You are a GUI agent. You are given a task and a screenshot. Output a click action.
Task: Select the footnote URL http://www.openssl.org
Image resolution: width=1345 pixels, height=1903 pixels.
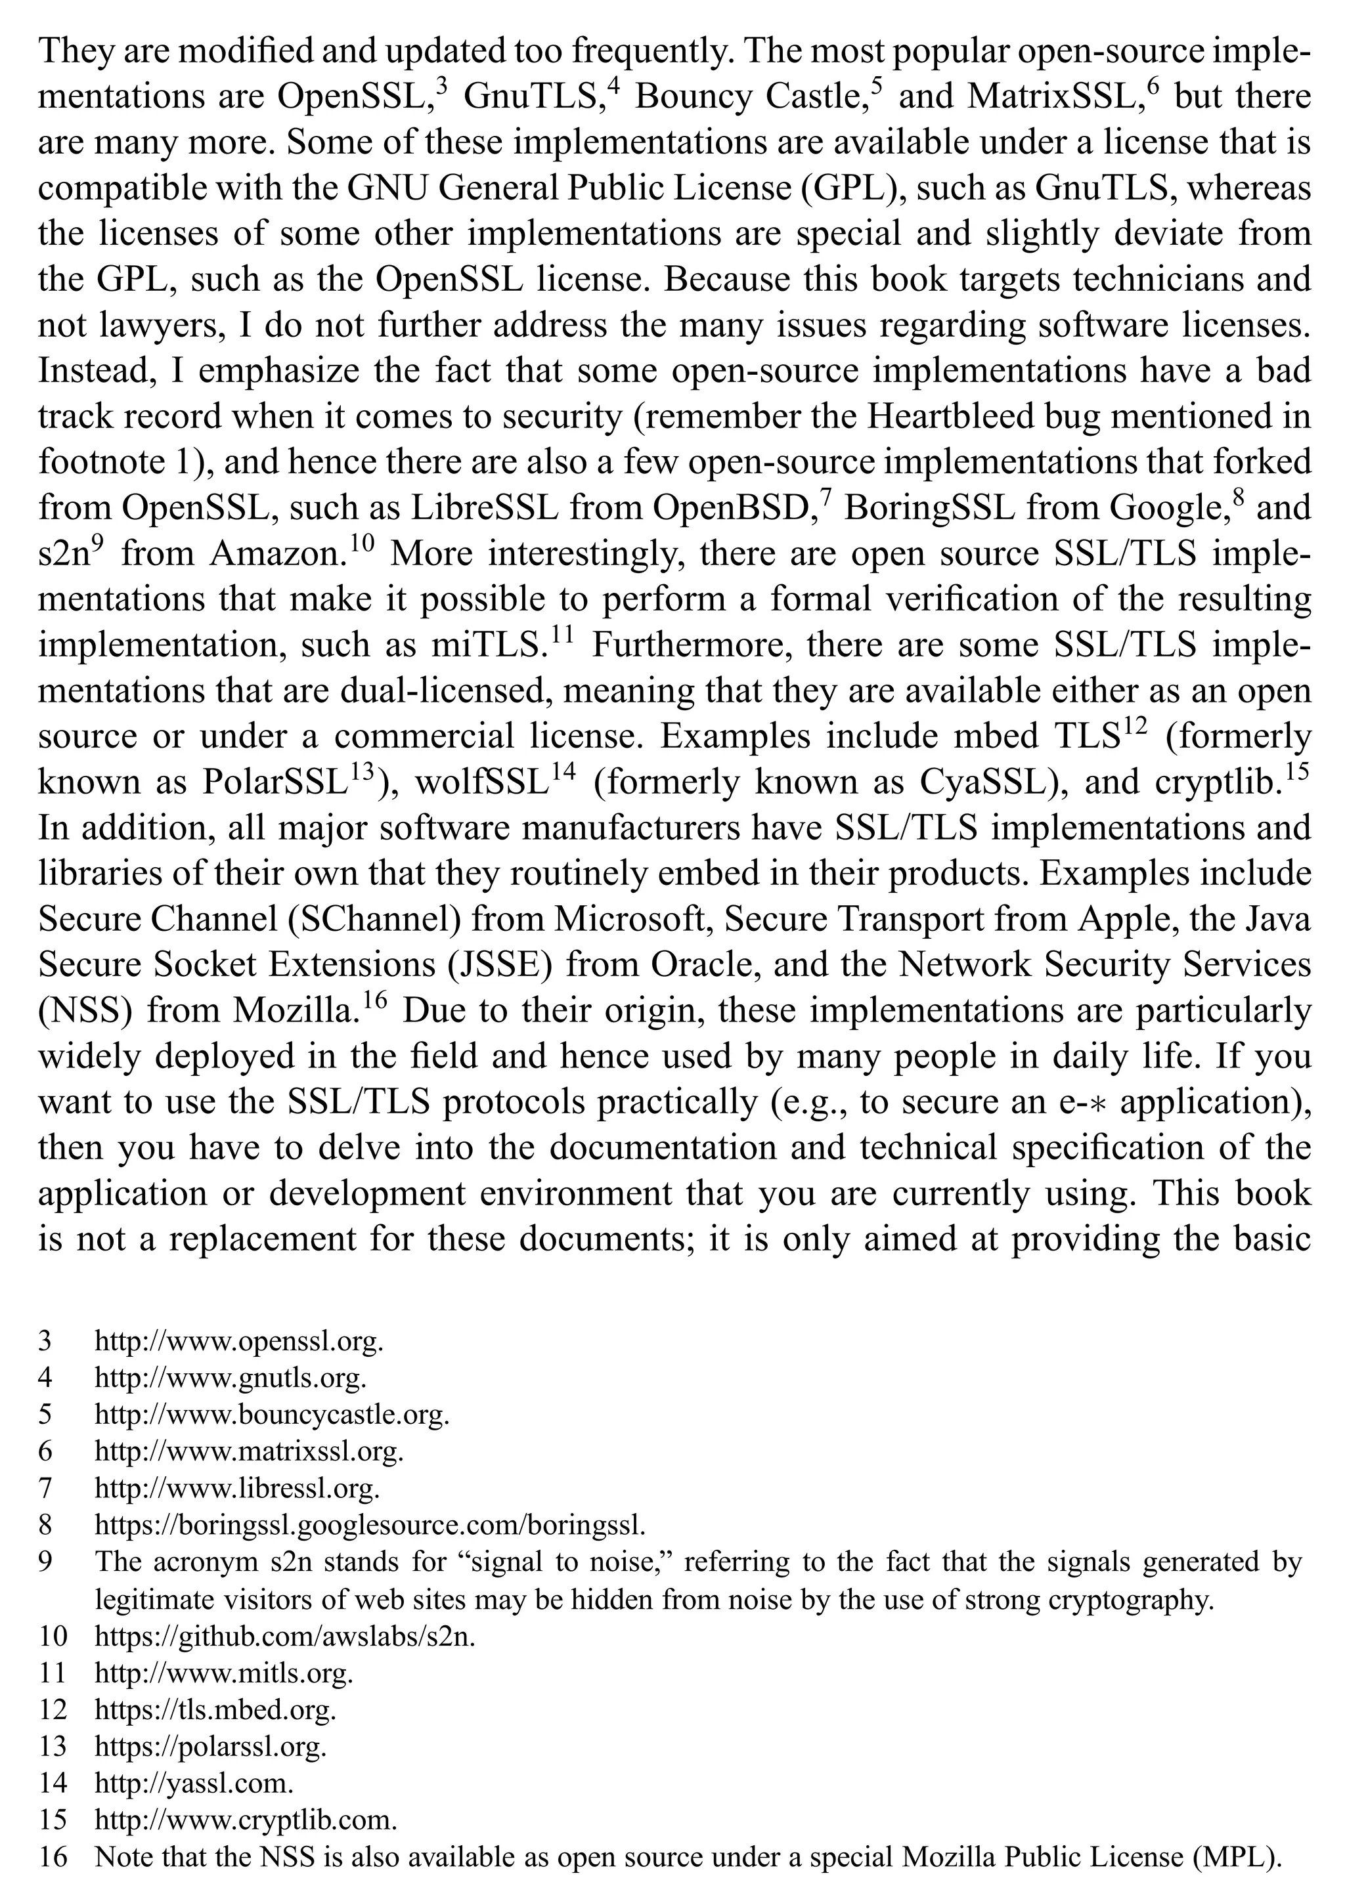click(239, 1341)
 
